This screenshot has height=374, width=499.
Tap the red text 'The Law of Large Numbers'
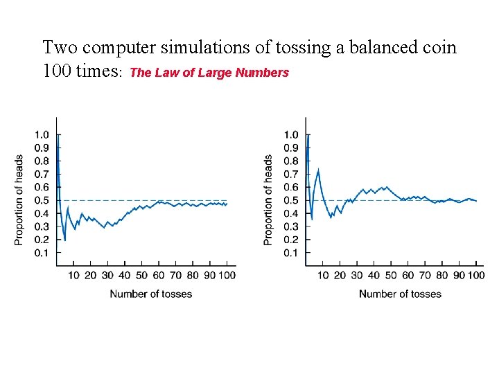tap(209, 73)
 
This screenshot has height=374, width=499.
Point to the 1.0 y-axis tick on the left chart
tap(42, 135)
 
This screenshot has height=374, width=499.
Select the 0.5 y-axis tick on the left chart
tap(42, 201)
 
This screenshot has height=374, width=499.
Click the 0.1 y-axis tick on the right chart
tap(291, 253)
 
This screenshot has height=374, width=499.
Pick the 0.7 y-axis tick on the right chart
tap(291, 175)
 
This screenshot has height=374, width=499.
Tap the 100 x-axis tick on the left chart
tap(227, 276)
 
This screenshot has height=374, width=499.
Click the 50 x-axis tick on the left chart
tap(141, 276)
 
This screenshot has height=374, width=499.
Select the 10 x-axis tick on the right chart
tap(323, 276)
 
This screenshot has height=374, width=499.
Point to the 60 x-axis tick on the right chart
tap(408, 276)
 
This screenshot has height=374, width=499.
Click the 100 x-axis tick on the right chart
tap(475, 276)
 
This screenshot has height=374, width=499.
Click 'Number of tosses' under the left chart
tap(151, 294)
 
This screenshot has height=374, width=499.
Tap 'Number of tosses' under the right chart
tap(400, 294)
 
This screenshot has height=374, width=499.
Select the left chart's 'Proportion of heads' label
tap(19, 199)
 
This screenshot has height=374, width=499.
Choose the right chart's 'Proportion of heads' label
tap(268, 199)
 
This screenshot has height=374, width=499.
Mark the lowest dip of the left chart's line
tap(64, 240)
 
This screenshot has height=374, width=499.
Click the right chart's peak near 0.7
tap(318, 170)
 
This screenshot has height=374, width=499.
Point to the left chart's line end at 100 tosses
tap(227, 204)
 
